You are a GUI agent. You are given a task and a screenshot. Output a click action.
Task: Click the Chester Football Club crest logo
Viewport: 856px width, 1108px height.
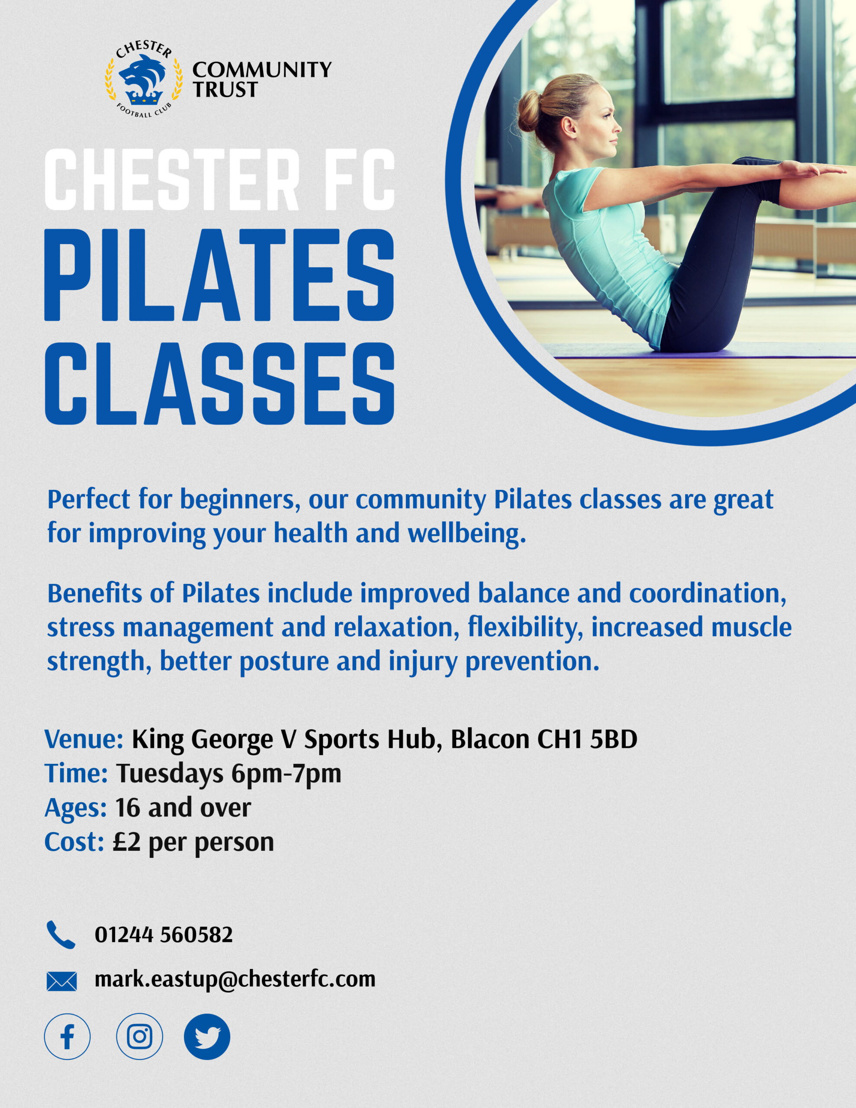[144, 79]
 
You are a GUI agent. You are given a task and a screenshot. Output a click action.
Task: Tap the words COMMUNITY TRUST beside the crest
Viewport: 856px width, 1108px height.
[262, 79]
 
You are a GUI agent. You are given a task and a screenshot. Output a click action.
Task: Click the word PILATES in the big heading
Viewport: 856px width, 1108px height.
[219, 275]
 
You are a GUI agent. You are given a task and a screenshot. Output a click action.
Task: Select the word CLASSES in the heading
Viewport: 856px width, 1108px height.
[219, 383]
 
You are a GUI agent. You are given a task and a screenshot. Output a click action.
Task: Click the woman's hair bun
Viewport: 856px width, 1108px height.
[529, 111]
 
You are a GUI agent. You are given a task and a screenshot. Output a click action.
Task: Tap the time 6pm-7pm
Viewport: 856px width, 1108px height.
[286, 774]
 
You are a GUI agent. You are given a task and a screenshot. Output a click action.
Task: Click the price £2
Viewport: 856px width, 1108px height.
[126, 842]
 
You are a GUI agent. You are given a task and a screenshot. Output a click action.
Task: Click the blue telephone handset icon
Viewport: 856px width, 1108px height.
[61, 934]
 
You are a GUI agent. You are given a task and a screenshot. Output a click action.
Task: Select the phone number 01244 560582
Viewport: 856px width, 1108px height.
[164, 934]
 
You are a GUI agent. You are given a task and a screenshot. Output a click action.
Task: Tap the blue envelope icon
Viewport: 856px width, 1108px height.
[61, 981]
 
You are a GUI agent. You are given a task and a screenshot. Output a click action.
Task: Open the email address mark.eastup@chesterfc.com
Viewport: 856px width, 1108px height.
[235, 979]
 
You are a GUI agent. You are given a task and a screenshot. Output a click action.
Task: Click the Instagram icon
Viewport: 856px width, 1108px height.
[139, 1037]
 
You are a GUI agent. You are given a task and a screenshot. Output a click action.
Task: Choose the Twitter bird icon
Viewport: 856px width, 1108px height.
[207, 1037]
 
